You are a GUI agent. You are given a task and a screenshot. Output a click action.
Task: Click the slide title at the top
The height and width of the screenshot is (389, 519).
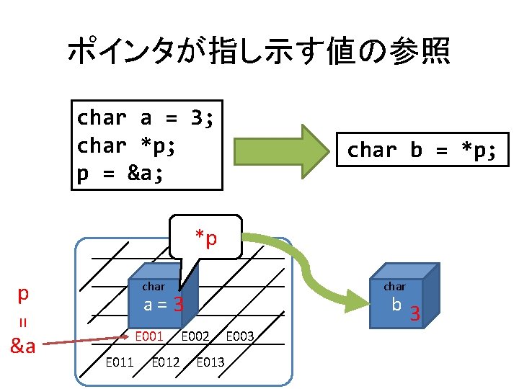(258, 52)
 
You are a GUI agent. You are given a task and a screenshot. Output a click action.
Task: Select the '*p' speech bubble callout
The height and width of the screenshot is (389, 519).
(205, 237)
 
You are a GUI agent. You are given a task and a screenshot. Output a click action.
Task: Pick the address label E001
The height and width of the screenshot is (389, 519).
(149, 336)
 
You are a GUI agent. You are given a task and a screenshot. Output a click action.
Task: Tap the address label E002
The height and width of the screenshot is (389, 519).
(195, 336)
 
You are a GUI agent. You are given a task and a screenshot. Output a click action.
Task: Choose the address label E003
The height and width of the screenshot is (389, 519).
(241, 336)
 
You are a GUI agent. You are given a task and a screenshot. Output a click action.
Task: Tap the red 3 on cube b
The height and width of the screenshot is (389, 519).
(414, 313)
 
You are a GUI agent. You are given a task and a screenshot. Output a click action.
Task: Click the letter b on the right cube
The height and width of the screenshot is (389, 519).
(396, 305)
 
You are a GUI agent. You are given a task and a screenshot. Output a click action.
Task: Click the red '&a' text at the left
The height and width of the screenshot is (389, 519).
(23, 346)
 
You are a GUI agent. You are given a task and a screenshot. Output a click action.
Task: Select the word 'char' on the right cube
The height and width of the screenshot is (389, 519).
(394, 287)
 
